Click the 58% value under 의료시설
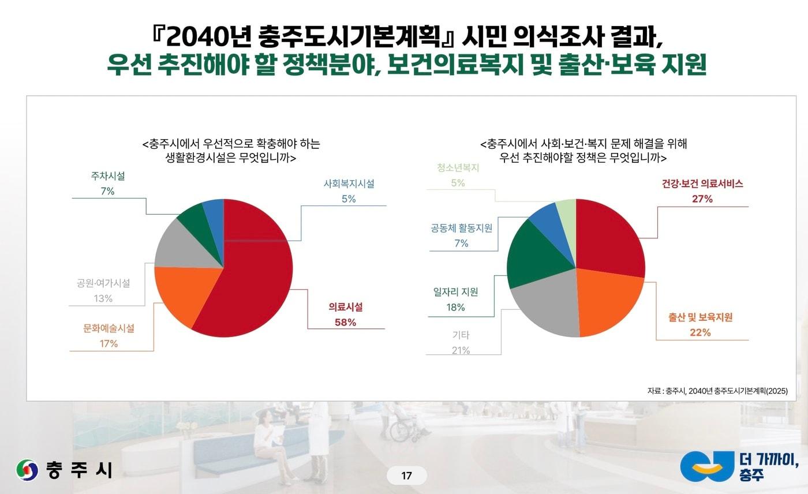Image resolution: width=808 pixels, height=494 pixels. pos(345,323)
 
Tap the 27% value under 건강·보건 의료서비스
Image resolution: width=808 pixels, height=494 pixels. pos(702,199)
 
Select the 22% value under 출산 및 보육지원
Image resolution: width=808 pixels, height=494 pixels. pos(700,332)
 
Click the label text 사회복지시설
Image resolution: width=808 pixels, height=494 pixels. pos(349,184)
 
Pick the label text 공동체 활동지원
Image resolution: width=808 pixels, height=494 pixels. pos(461,229)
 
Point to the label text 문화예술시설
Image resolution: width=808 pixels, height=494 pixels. pos(109,329)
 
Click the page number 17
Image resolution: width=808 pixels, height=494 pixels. pos(406,476)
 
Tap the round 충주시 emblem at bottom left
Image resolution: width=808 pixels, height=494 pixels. pos(27,470)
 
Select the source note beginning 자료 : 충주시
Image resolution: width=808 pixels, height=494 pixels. pos(717,391)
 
